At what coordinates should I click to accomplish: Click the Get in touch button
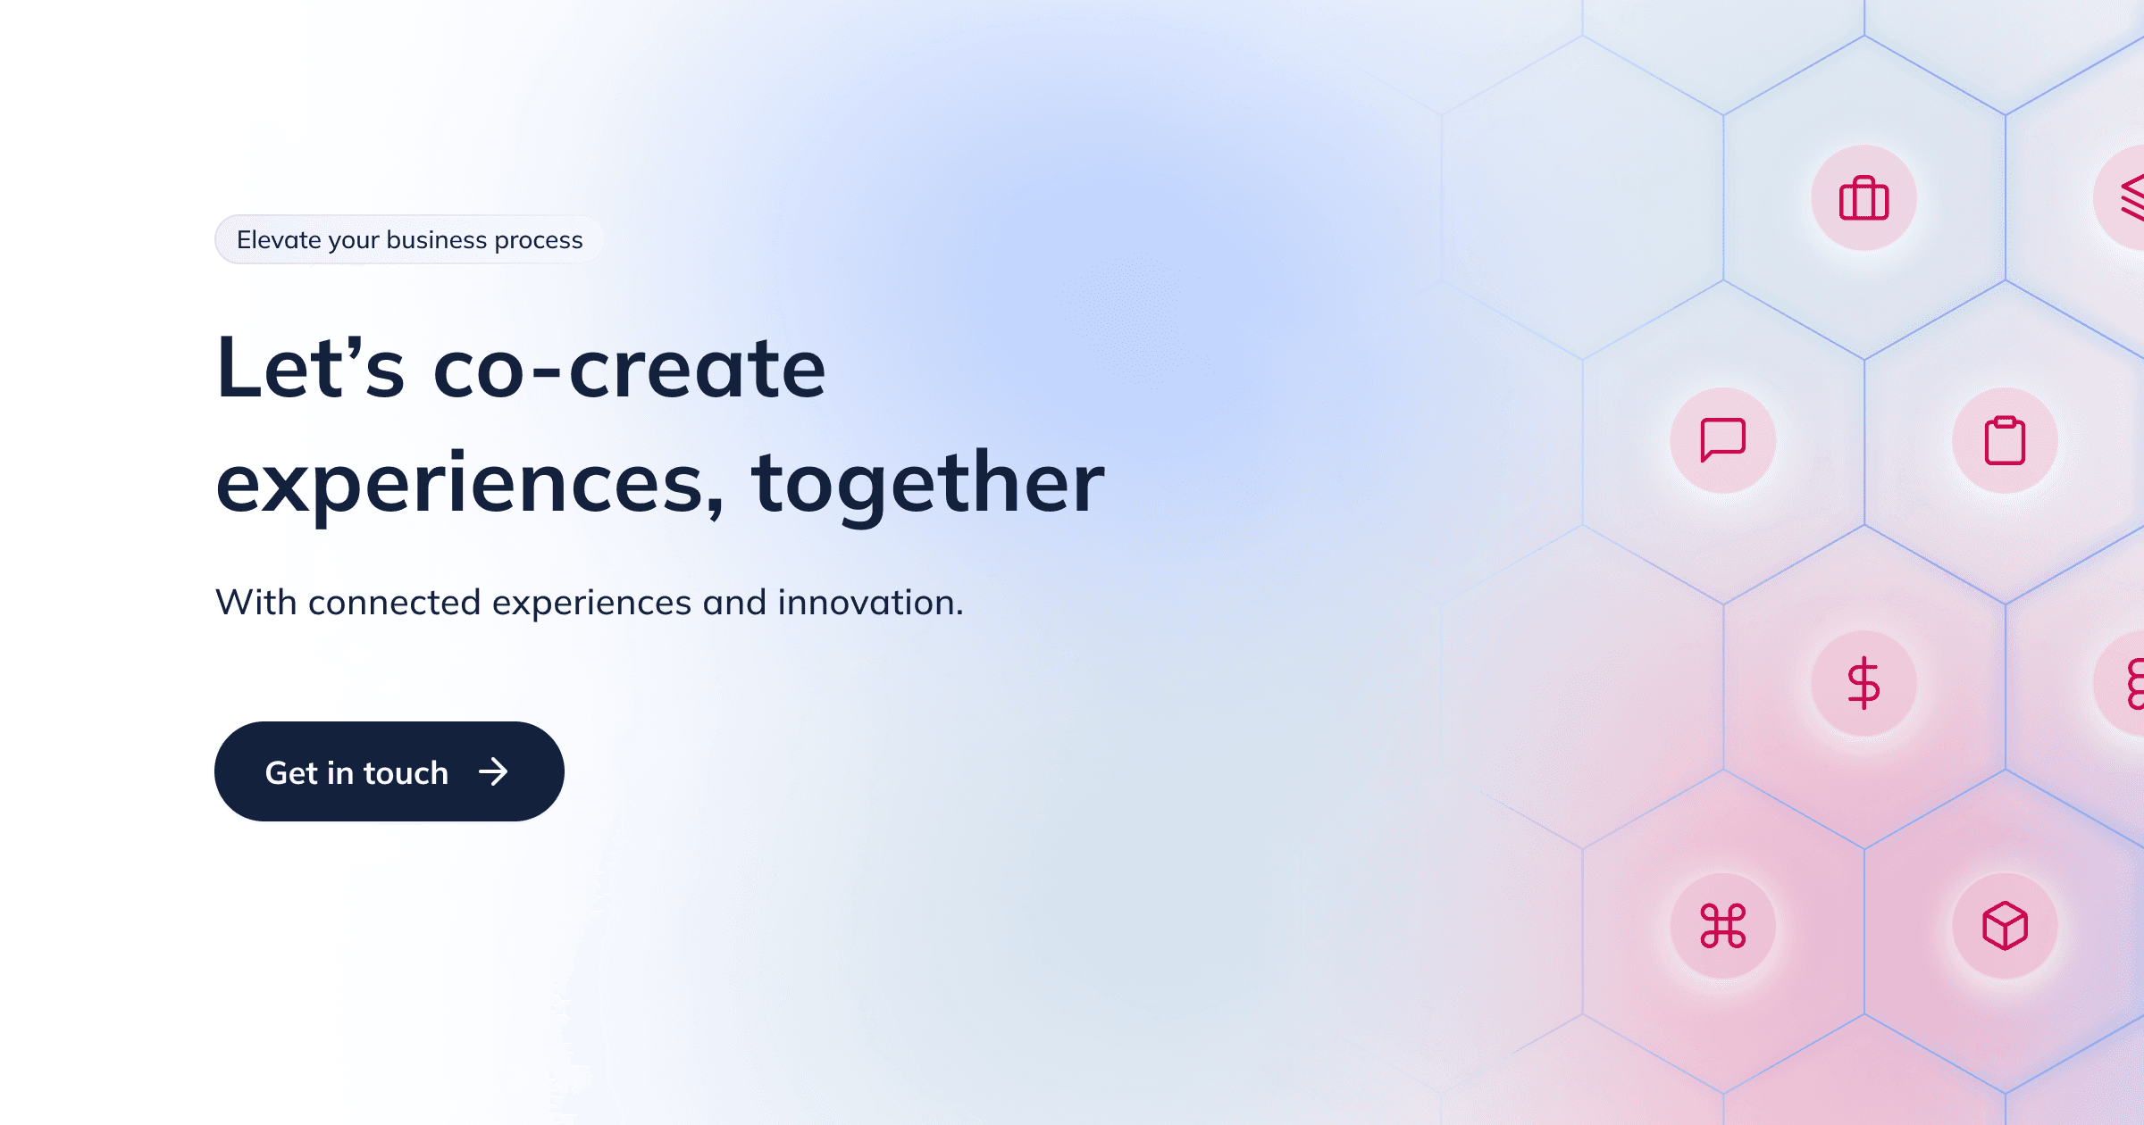[x=389, y=771]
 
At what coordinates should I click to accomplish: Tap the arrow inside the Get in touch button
[x=493, y=771]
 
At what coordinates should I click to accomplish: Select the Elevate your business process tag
[x=409, y=239]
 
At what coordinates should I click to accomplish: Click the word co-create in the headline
[x=629, y=368]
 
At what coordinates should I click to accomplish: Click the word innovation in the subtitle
[x=868, y=603]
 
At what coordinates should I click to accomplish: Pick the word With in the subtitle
[x=256, y=603]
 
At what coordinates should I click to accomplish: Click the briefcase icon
[x=1863, y=198]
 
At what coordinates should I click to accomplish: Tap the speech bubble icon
[x=1722, y=439]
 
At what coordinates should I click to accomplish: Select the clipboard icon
[x=2005, y=440]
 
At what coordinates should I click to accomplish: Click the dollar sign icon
[x=1863, y=683]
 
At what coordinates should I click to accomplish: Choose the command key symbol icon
[x=1722, y=926]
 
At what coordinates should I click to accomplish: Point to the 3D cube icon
[x=2005, y=926]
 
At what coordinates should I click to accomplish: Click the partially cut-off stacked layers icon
[x=2131, y=198]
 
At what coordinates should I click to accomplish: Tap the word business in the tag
[x=437, y=239]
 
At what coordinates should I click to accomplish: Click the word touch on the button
[x=406, y=772]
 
